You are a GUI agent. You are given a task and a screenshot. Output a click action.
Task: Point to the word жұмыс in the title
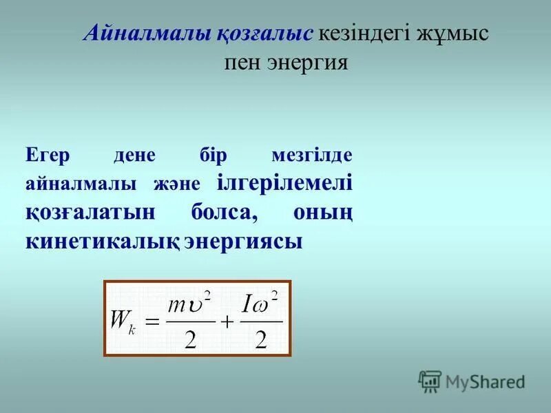pyautogui.click(x=451, y=34)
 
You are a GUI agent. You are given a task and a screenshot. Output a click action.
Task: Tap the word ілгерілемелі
pyautogui.click(x=285, y=184)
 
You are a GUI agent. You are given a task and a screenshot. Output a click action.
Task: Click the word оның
pyautogui.click(x=323, y=213)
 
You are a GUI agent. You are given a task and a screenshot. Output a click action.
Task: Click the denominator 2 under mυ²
pyautogui.click(x=190, y=338)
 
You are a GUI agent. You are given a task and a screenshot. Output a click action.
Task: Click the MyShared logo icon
pyautogui.click(x=430, y=381)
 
